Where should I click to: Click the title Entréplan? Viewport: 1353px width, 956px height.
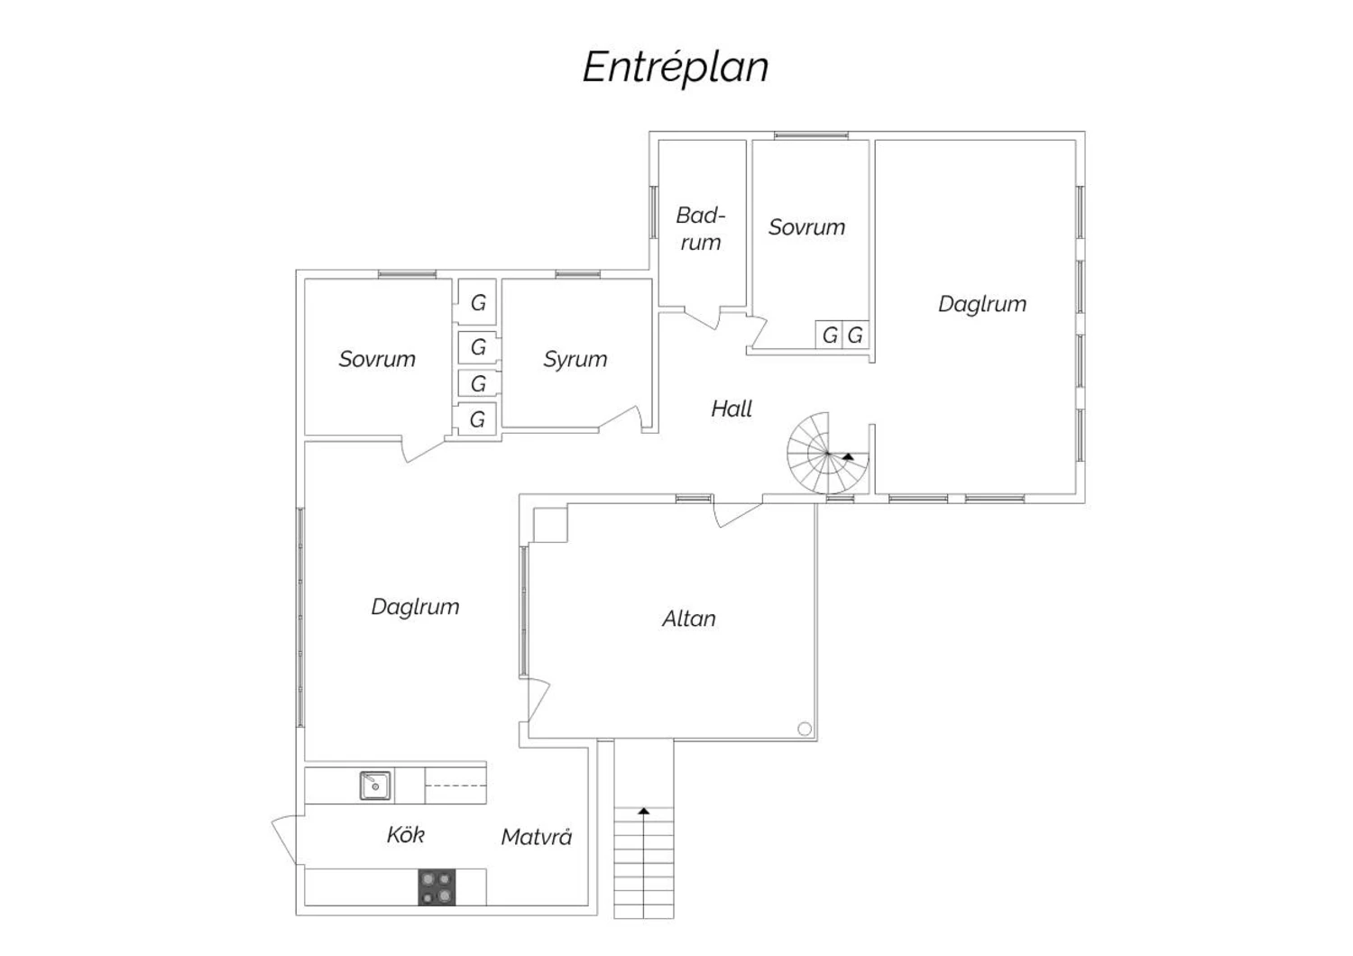(676, 68)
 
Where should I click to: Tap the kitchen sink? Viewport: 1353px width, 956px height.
(375, 786)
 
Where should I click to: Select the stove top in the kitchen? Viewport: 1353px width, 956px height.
(437, 887)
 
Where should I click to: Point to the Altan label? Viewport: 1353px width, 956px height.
(688, 619)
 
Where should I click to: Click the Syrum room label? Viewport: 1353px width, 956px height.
(575, 359)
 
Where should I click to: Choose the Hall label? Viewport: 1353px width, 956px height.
(731, 409)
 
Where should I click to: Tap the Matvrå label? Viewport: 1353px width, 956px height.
(537, 836)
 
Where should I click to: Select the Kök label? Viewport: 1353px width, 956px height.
(405, 834)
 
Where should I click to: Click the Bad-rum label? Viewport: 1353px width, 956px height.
(700, 229)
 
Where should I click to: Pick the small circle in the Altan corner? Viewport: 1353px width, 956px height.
(805, 729)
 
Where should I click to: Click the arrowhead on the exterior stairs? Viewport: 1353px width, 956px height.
(644, 811)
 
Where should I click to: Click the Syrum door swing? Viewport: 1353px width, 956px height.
(622, 418)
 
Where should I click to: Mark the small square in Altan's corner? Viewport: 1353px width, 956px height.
(550, 524)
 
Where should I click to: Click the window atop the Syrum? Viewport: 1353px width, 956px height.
(577, 274)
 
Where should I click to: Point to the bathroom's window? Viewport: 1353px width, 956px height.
(654, 212)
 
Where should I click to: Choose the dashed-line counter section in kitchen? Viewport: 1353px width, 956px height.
(456, 785)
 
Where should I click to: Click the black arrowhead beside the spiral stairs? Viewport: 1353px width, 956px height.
(849, 456)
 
